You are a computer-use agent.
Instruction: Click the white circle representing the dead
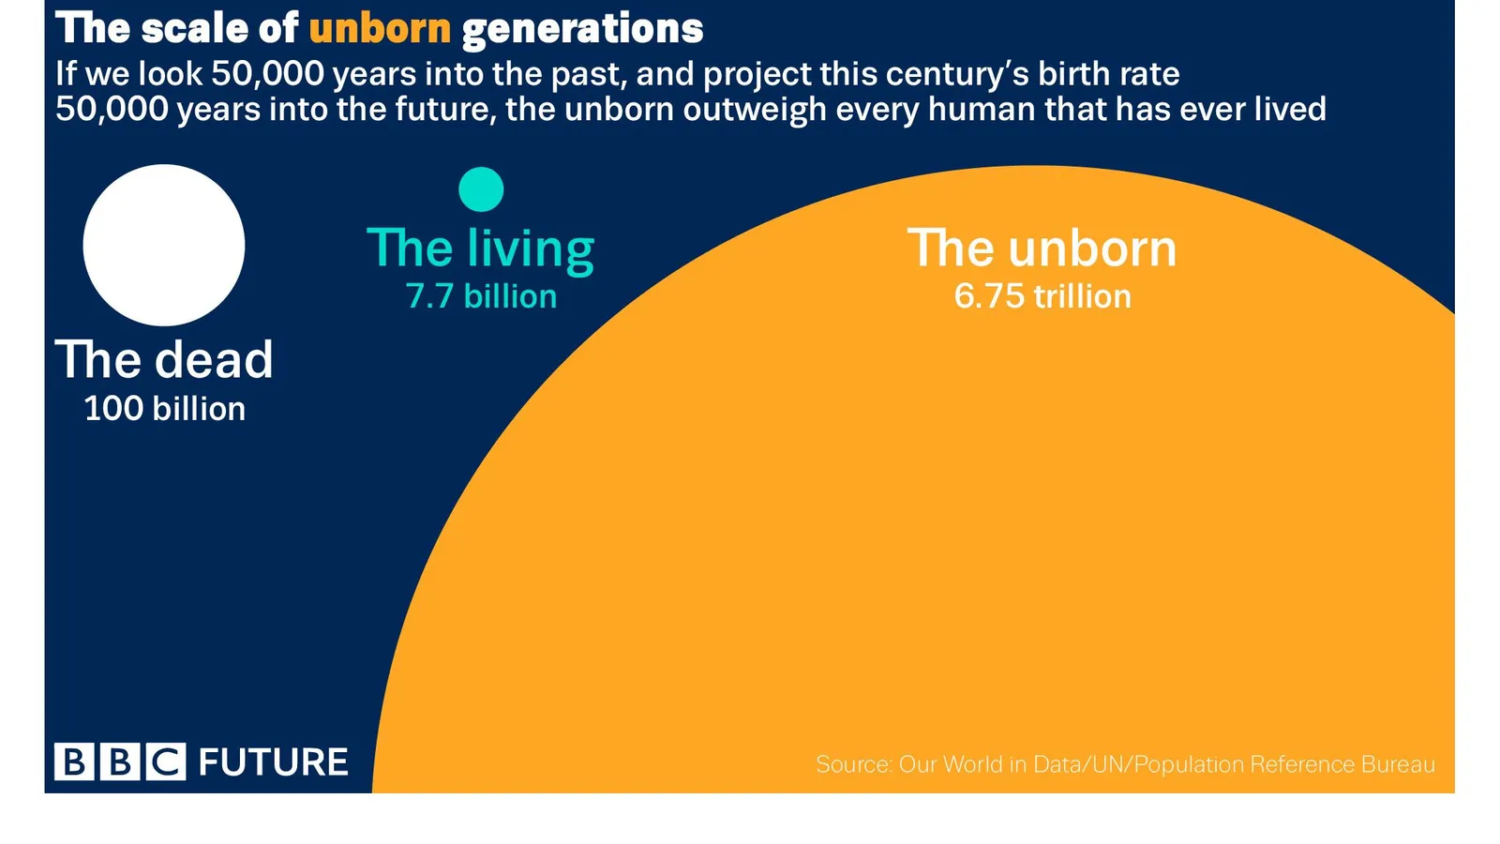click(x=164, y=245)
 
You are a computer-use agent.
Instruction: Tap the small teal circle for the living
click(x=481, y=189)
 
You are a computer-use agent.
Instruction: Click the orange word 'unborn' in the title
click(x=380, y=29)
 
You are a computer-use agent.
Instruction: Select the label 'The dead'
click(x=164, y=360)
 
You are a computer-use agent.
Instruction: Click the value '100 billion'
click(x=165, y=409)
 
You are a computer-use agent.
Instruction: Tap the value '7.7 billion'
click(x=481, y=296)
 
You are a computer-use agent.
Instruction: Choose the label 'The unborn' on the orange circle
click(x=1042, y=249)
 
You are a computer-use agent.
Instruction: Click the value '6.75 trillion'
click(x=1042, y=296)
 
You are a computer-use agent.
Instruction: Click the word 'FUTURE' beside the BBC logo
click(x=273, y=762)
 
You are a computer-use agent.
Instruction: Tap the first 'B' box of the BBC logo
click(x=74, y=761)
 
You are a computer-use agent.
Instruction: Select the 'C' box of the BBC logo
click(x=166, y=761)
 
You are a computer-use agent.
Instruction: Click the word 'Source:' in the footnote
click(x=854, y=764)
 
